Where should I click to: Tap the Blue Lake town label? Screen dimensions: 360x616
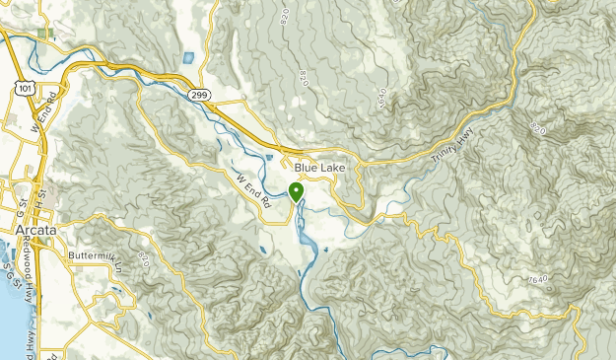click(319, 169)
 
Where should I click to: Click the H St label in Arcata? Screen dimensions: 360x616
click(40, 198)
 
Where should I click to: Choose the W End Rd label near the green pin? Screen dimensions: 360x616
click(254, 189)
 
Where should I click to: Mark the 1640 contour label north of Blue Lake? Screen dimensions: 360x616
click(381, 96)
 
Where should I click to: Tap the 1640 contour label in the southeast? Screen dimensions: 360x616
click(537, 282)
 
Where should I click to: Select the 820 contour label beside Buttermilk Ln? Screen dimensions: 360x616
click(144, 260)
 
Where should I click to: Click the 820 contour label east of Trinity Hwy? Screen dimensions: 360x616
click(536, 128)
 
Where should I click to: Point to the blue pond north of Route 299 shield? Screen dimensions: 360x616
click(188, 56)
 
